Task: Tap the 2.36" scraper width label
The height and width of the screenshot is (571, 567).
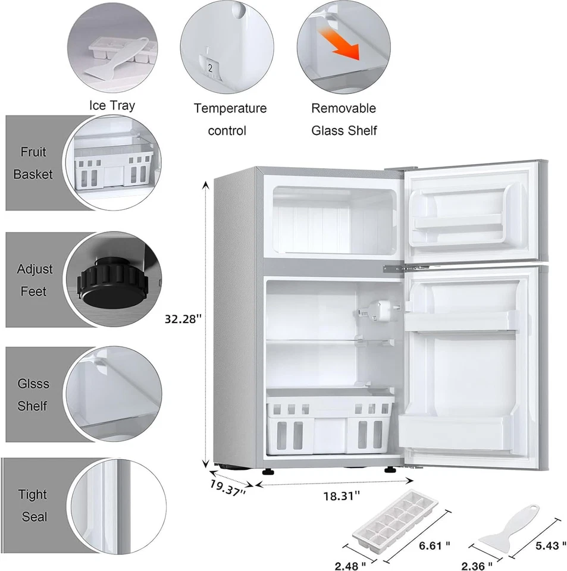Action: click(x=477, y=564)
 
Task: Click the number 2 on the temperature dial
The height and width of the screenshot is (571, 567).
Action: click(x=209, y=68)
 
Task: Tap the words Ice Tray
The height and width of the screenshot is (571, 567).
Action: click(x=112, y=106)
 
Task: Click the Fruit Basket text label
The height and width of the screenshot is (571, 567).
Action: click(x=33, y=163)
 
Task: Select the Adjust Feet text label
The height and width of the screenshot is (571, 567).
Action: click(x=34, y=280)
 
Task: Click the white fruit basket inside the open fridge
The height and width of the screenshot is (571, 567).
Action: click(x=330, y=422)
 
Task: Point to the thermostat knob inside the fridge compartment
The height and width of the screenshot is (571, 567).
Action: click(x=365, y=315)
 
